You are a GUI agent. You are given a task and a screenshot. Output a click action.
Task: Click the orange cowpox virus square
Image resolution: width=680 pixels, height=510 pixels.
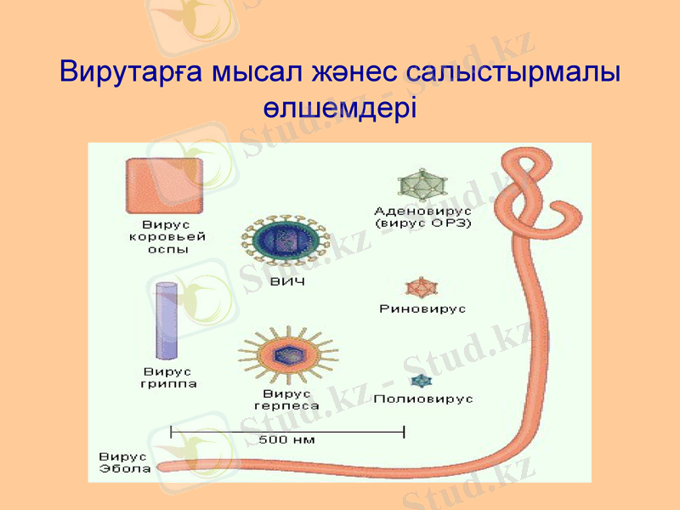[x=164, y=187]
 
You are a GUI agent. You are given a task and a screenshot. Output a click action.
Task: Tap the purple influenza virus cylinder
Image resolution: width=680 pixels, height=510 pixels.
[x=166, y=320]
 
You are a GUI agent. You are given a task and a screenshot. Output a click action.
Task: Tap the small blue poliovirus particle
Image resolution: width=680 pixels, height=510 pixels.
[x=420, y=381]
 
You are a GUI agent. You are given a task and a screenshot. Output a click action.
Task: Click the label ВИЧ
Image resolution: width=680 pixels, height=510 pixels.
[x=287, y=281]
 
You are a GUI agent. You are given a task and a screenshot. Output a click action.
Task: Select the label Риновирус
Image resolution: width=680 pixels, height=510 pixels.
[x=422, y=309]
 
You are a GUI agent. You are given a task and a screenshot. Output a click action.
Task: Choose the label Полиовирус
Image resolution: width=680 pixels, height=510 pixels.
[x=423, y=398]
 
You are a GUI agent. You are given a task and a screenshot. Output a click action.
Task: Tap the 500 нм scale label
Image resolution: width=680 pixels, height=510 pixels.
[x=286, y=439]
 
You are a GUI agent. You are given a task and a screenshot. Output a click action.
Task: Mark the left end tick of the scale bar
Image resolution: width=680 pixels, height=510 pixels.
[x=172, y=432]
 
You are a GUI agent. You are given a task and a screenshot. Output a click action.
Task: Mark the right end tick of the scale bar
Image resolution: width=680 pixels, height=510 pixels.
[x=404, y=432]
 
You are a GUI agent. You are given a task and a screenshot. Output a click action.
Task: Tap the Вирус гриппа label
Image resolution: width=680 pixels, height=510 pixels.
[x=167, y=377]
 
